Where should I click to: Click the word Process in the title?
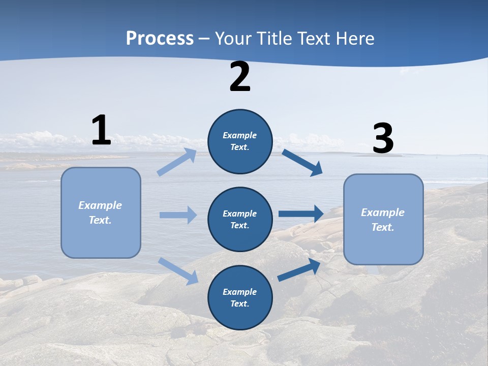point(160,38)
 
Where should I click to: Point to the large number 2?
point(240,77)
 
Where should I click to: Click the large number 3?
point(383,139)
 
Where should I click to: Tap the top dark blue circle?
point(240,141)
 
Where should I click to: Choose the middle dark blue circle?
point(240,219)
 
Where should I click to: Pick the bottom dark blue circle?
point(240,297)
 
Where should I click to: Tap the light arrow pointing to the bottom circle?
point(178,270)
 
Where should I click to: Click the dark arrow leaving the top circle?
point(302,162)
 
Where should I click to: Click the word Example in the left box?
point(100,205)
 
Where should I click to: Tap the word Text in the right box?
point(382,227)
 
